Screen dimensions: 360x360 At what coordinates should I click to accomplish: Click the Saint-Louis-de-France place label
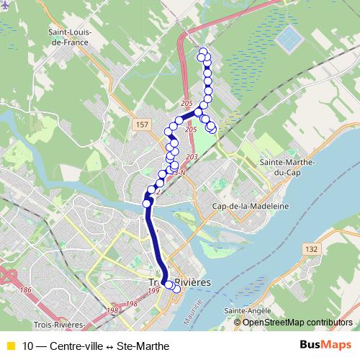(68, 37)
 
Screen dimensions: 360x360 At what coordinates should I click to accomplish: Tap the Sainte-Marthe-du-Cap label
(288, 168)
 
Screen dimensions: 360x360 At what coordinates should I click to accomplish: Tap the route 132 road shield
(311, 248)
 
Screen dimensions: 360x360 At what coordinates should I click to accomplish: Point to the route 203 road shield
(191, 157)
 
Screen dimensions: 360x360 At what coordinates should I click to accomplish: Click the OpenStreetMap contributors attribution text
(297, 323)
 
